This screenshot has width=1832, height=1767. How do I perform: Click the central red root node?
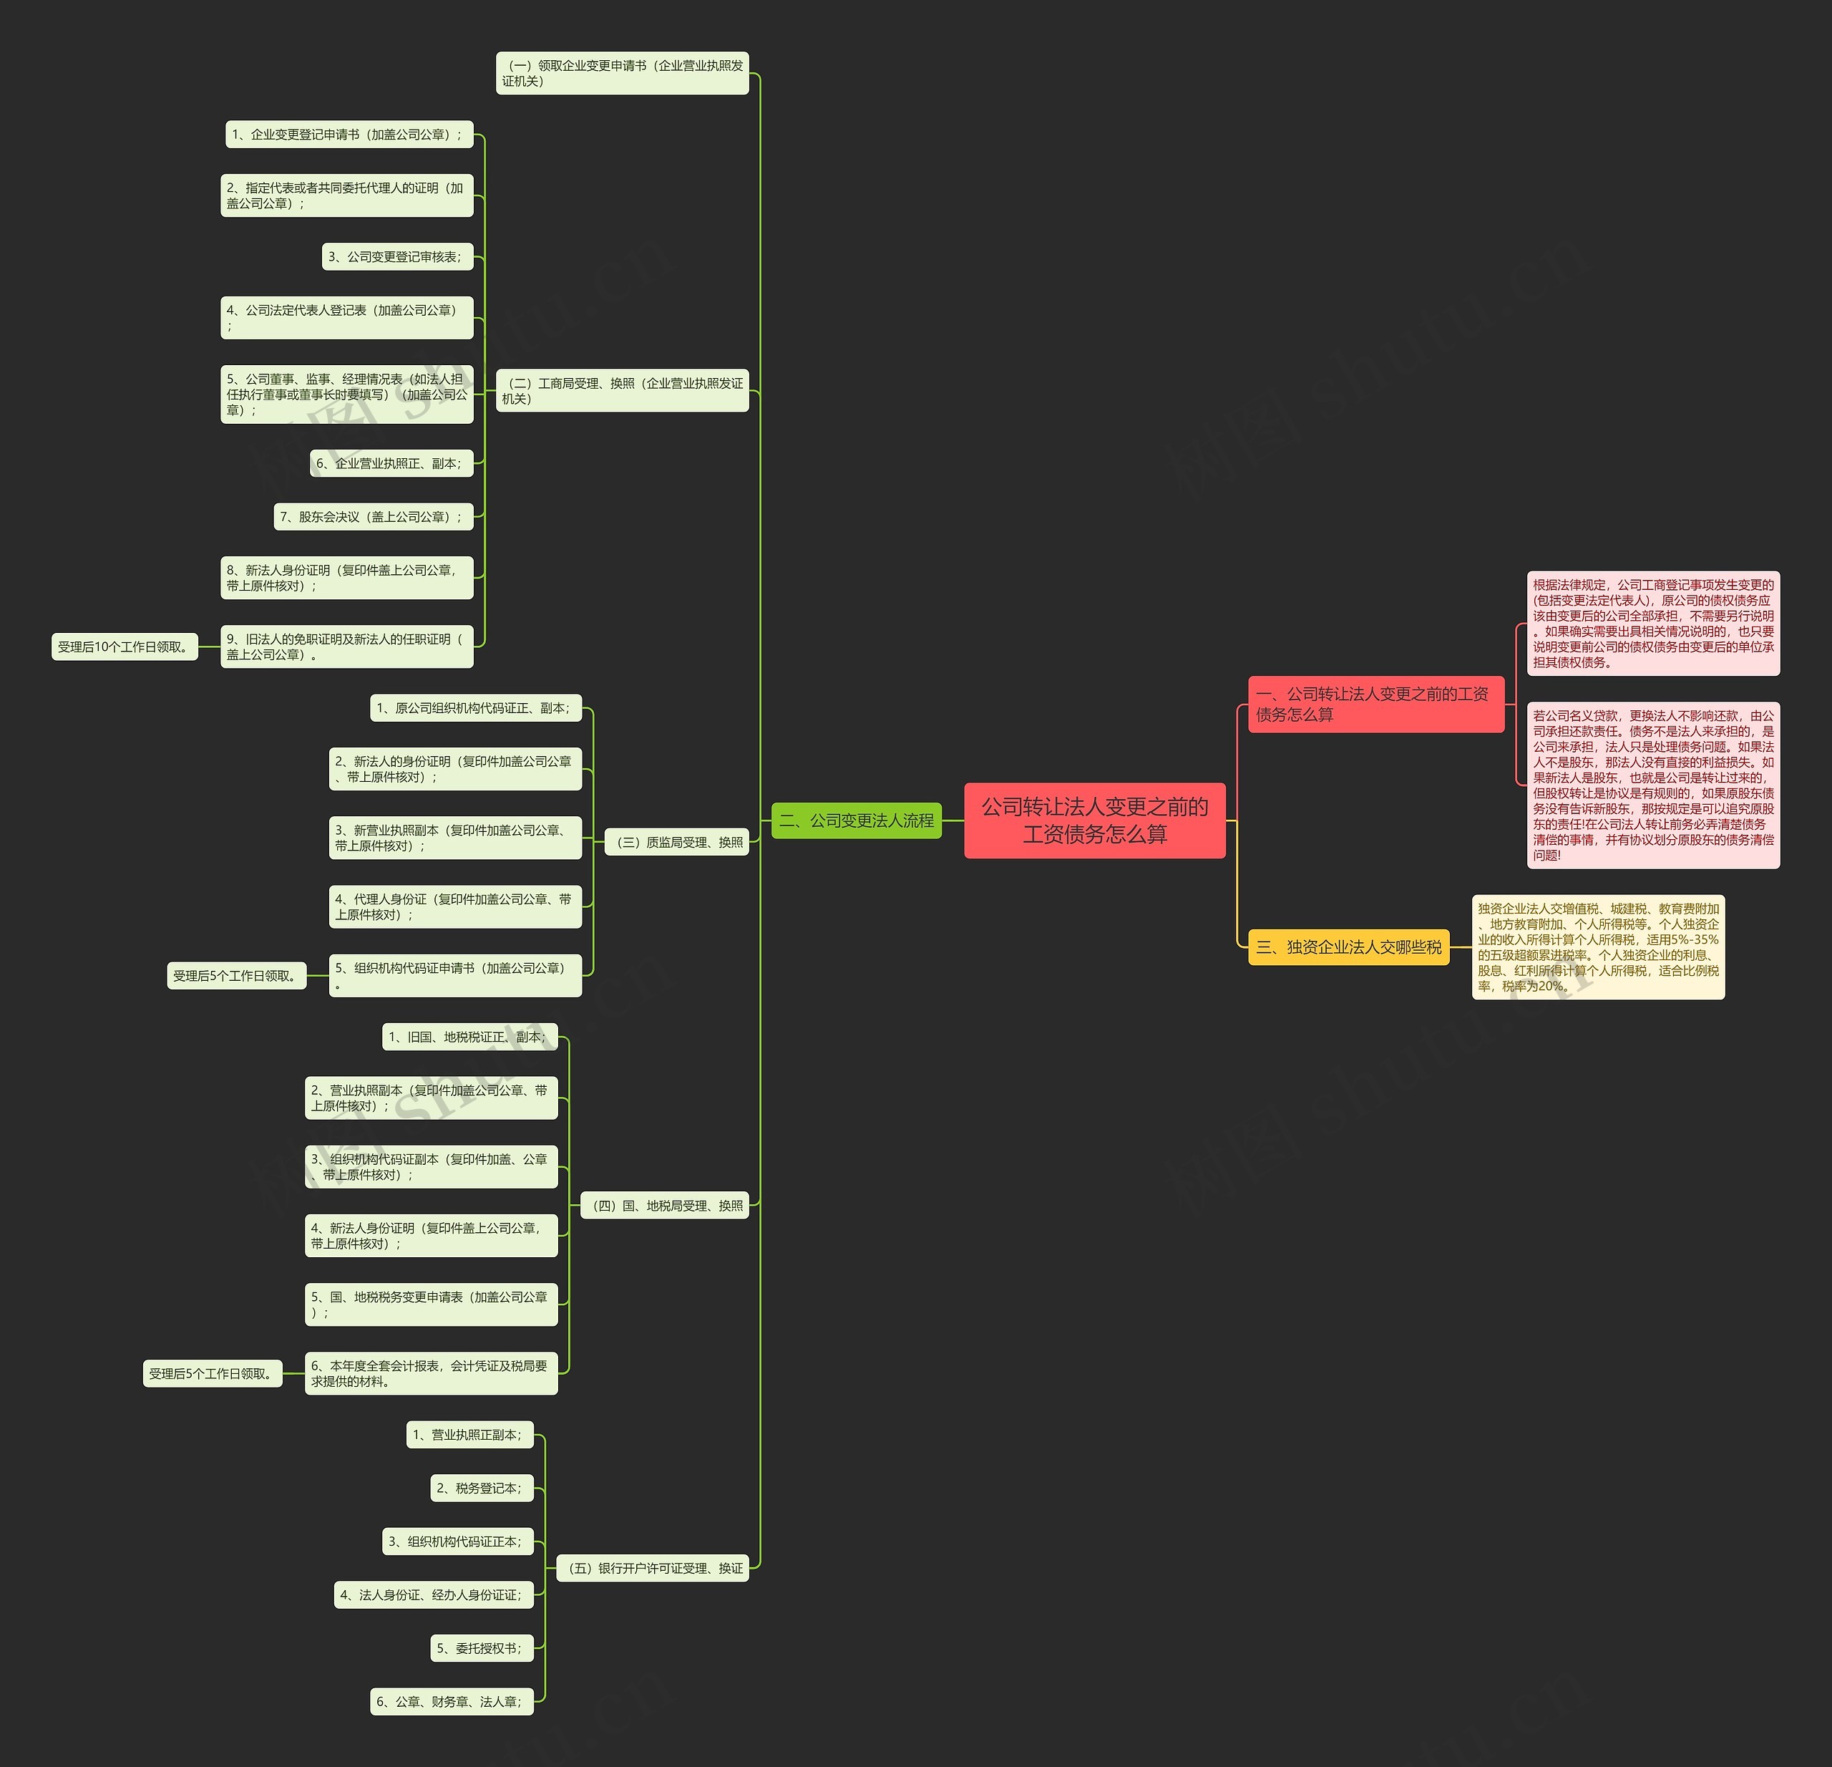(1094, 820)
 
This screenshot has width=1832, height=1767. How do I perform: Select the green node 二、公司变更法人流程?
(856, 820)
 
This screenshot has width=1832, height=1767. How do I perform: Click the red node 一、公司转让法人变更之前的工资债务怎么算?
(1376, 704)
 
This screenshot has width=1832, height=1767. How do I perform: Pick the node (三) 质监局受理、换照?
(677, 843)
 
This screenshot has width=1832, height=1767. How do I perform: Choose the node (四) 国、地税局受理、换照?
(665, 1206)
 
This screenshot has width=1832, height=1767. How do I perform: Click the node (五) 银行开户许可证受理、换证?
(653, 1568)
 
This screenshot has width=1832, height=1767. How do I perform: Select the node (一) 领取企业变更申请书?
(623, 73)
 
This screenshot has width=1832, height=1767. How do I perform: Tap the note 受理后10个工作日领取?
(125, 647)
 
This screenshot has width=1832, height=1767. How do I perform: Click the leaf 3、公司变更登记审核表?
(398, 256)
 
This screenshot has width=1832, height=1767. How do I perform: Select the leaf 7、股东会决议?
(374, 516)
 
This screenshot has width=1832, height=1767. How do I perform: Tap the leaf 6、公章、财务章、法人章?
(452, 1702)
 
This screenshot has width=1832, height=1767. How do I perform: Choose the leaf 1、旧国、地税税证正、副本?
(470, 1037)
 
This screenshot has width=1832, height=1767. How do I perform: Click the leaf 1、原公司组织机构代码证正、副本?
(476, 708)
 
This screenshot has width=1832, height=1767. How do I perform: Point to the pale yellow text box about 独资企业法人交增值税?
(1598, 947)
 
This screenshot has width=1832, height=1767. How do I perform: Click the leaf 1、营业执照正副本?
(470, 1434)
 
